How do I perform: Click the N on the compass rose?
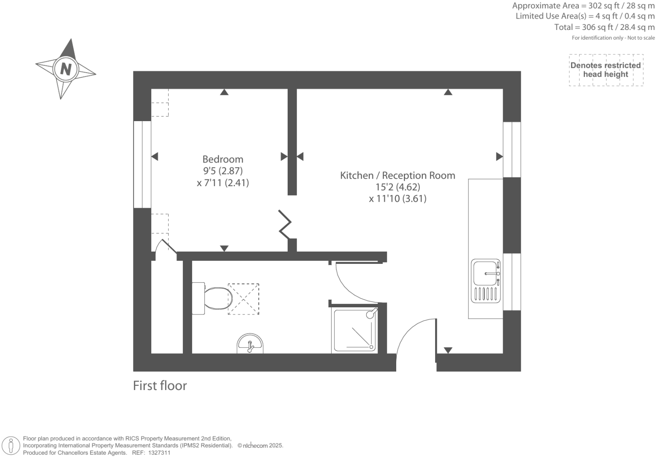[65, 68]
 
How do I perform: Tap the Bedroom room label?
[223, 159]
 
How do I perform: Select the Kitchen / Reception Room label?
[397, 175]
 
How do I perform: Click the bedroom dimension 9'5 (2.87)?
[223, 171]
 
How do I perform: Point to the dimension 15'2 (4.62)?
[397, 187]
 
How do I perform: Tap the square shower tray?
[355, 330]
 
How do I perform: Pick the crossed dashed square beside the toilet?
[243, 299]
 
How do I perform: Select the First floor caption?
[160, 385]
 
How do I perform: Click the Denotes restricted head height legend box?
[606, 70]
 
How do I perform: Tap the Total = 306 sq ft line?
[604, 27]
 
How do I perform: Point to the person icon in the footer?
[11, 445]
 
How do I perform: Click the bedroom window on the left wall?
[142, 165]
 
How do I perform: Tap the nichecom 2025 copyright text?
[260, 445]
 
